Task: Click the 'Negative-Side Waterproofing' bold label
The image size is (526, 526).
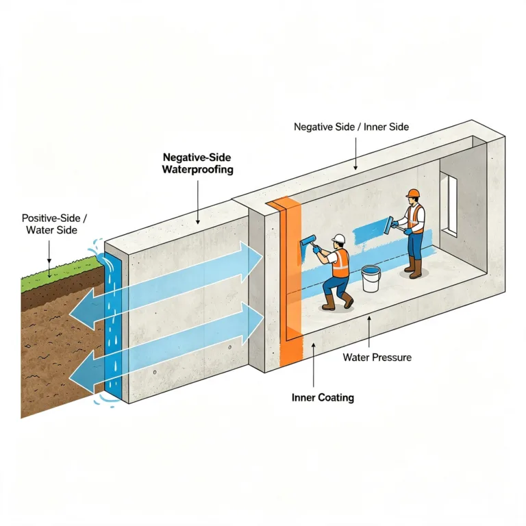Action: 197,164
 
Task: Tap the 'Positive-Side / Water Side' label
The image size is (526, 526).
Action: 54,224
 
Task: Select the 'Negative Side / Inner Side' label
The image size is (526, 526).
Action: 351,127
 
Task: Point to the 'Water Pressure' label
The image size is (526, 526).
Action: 377,358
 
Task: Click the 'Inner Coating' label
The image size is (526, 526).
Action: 323,397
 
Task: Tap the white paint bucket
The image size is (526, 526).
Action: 371,279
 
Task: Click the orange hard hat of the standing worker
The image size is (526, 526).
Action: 413,193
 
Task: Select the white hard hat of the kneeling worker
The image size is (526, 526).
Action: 338,238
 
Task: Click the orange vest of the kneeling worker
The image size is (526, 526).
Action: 341,263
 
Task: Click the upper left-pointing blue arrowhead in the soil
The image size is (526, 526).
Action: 82,310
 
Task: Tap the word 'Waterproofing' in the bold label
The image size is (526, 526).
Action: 197,169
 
